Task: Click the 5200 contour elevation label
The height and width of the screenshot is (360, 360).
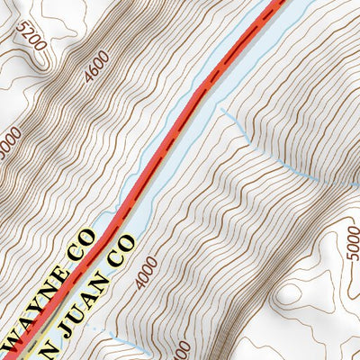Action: pyautogui.click(x=31, y=36)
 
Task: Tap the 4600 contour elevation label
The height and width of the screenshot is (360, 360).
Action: pyautogui.click(x=95, y=67)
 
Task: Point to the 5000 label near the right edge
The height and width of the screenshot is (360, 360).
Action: pyautogui.click(x=352, y=240)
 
